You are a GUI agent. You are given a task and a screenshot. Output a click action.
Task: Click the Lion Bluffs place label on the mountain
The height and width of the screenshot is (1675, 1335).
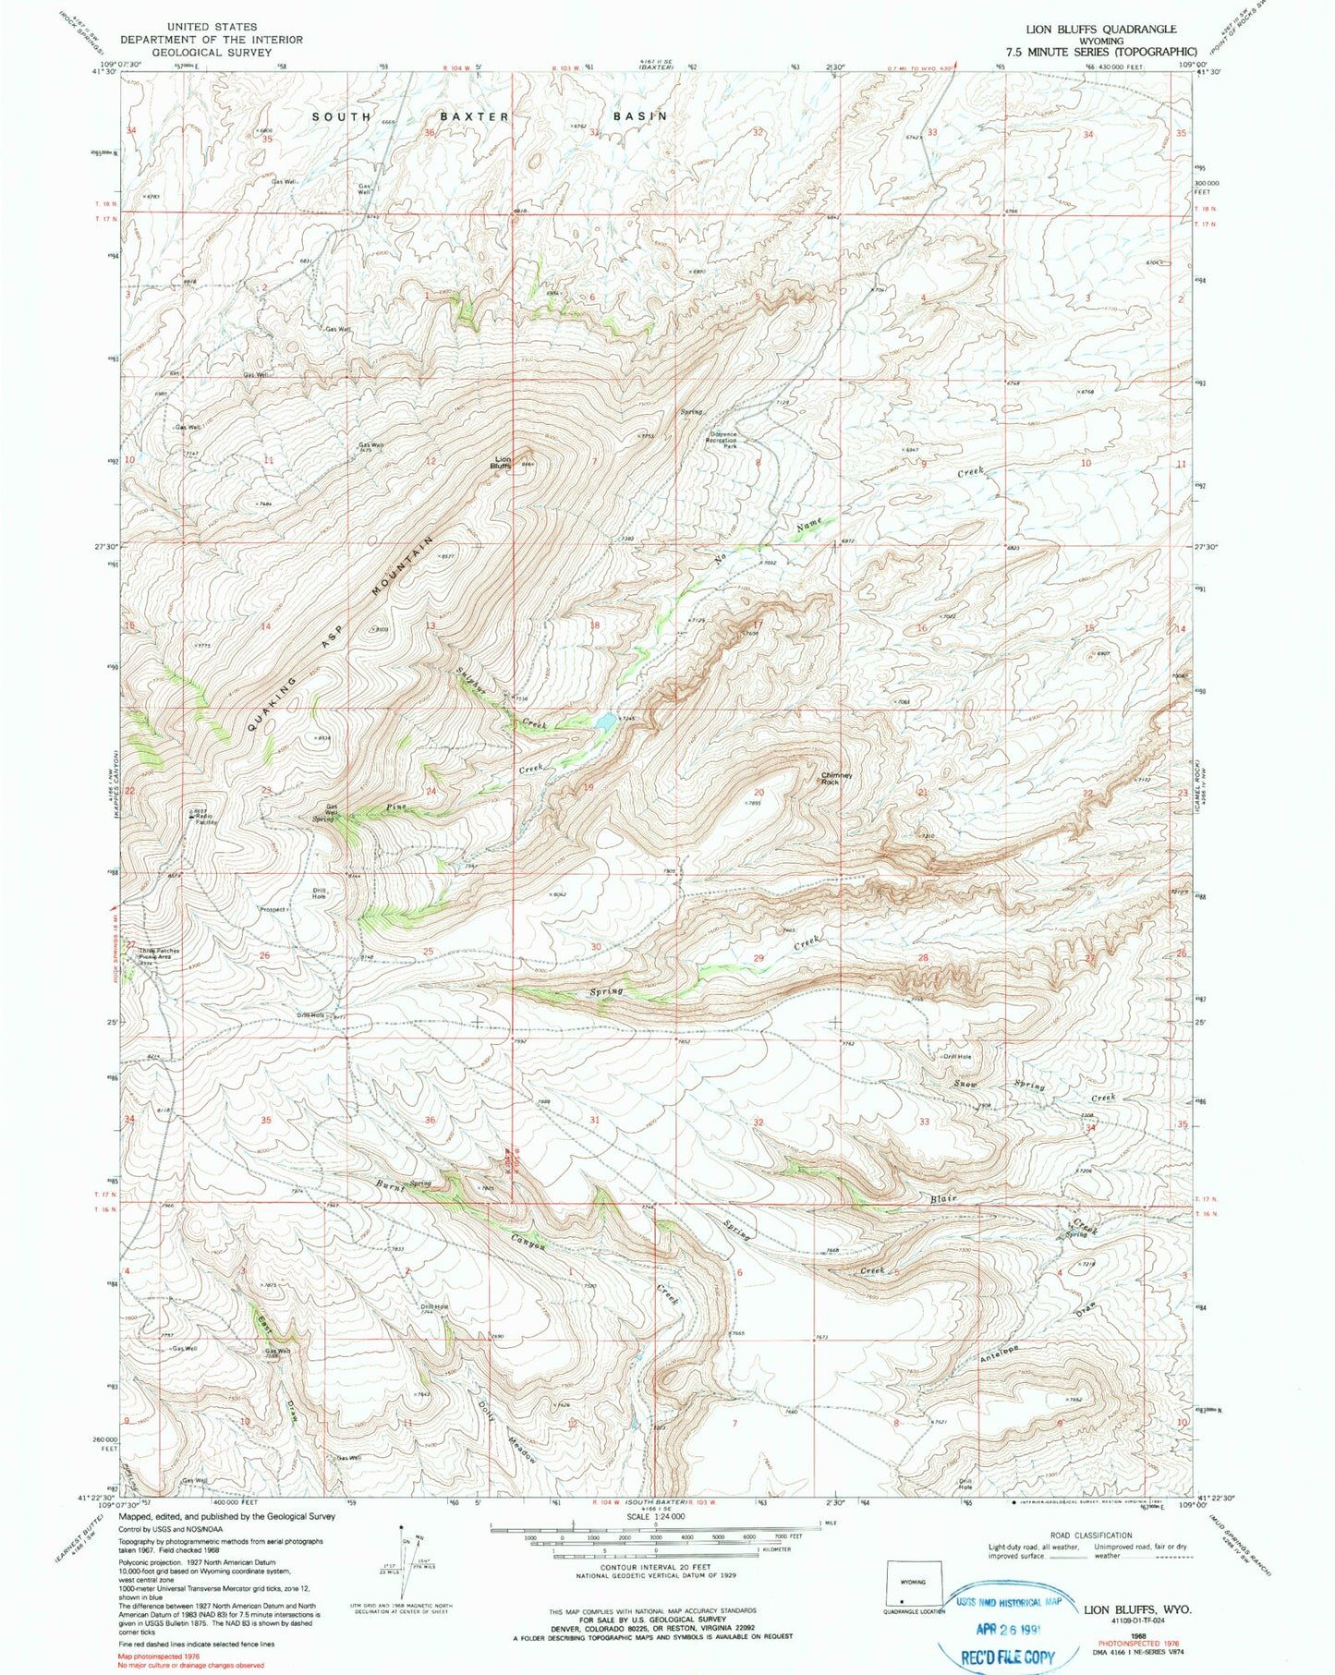pyautogui.click(x=504, y=462)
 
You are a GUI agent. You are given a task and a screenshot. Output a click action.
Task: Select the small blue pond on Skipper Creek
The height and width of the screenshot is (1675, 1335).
pyautogui.click(x=605, y=722)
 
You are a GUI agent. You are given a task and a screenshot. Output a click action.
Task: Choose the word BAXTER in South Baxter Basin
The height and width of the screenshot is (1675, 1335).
pyautogui.click(x=474, y=116)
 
